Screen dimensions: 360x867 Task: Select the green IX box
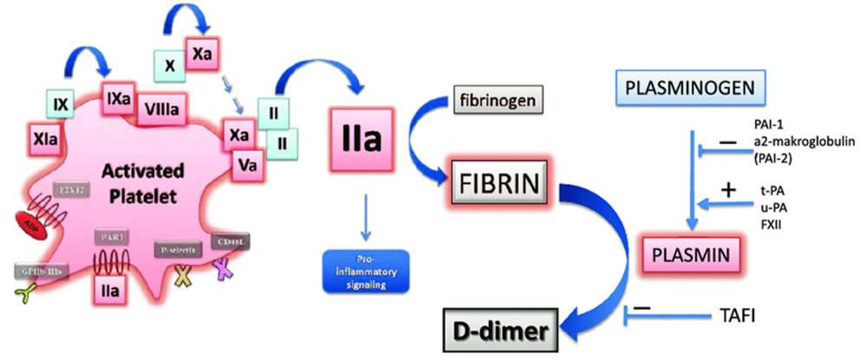[x=61, y=106]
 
